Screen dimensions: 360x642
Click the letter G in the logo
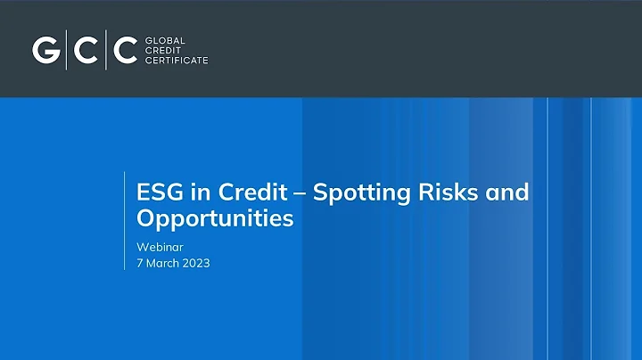coord(45,51)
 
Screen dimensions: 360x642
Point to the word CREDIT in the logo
coord(160,51)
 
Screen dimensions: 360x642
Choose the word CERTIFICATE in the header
coord(176,61)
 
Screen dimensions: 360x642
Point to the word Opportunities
coord(215,218)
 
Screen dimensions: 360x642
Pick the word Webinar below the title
coord(157,245)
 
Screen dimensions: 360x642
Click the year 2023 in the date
coord(194,263)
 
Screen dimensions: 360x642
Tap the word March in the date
coord(162,263)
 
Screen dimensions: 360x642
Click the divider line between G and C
coord(65,51)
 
